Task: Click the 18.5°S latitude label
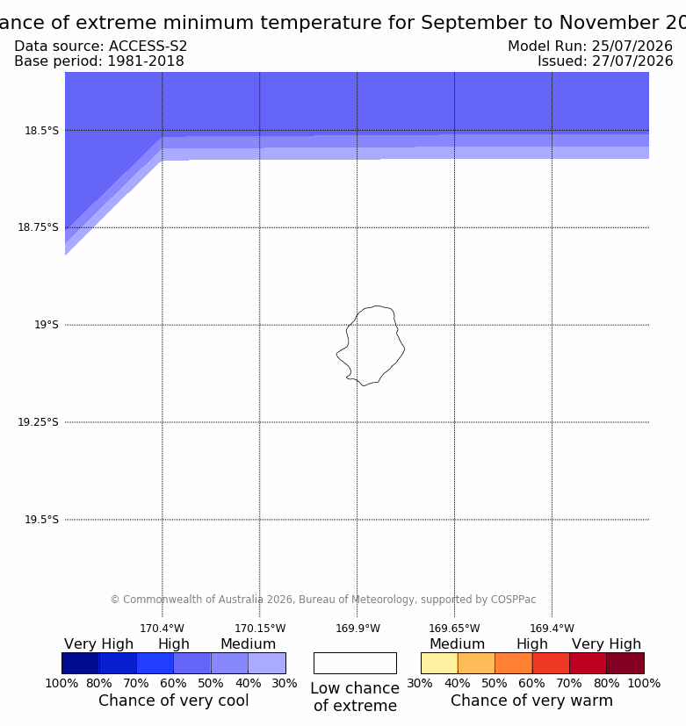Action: [x=41, y=131]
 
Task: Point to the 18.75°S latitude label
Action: [x=38, y=227]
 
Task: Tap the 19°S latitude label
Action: [x=47, y=325]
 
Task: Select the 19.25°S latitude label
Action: [x=38, y=421]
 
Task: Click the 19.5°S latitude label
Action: [x=41, y=520]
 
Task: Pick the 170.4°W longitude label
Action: [x=162, y=629]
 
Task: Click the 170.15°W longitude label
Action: [x=260, y=629]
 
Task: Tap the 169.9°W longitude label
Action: [x=357, y=629]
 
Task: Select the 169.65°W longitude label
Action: [x=454, y=629]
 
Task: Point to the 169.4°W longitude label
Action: [x=552, y=629]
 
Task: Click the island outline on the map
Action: [x=404, y=348]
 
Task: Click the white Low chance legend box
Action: [x=355, y=663]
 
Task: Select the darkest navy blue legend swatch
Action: [x=81, y=663]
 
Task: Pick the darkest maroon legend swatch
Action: [x=625, y=663]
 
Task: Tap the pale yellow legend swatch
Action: [x=439, y=663]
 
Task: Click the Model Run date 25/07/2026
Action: [x=632, y=47]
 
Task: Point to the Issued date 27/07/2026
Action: [x=632, y=61]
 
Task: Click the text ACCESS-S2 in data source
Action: [x=148, y=47]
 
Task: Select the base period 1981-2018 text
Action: [x=146, y=61]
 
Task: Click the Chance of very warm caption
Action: [x=531, y=701]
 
